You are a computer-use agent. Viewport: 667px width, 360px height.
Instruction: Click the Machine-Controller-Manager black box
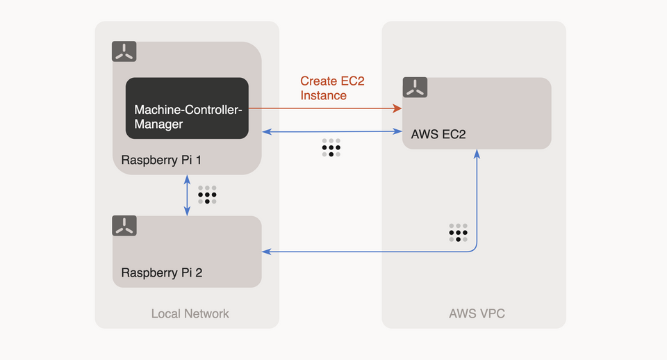(x=187, y=108)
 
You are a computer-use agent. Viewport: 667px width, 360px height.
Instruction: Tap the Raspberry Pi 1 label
(x=161, y=160)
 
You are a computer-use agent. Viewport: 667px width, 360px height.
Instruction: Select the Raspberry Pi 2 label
(x=161, y=272)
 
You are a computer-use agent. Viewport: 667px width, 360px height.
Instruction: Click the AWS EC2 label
(x=438, y=134)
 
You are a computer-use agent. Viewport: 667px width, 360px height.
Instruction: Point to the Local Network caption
(x=190, y=313)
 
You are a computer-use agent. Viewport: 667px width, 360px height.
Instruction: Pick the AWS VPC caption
(x=477, y=313)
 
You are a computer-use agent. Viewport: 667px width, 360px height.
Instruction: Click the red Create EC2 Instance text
(x=331, y=88)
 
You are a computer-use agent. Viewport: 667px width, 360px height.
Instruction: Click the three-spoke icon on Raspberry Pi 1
(x=124, y=51)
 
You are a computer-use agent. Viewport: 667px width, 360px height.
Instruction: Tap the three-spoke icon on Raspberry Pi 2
(x=124, y=225)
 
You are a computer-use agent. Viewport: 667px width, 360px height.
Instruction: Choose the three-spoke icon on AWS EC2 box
(x=415, y=87)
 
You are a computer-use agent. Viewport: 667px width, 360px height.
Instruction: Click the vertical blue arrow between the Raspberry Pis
(x=187, y=195)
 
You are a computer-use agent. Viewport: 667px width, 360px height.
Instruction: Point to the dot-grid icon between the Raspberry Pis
(x=207, y=195)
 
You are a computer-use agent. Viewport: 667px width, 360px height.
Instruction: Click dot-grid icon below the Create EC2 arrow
(x=331, y=147)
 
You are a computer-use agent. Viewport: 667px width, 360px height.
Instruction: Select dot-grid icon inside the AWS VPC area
(x=458, y=232)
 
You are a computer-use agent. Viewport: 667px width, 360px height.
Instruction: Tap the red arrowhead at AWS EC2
(x=398, y=108)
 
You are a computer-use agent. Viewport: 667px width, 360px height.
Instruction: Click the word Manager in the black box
(x=158, y=124)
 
